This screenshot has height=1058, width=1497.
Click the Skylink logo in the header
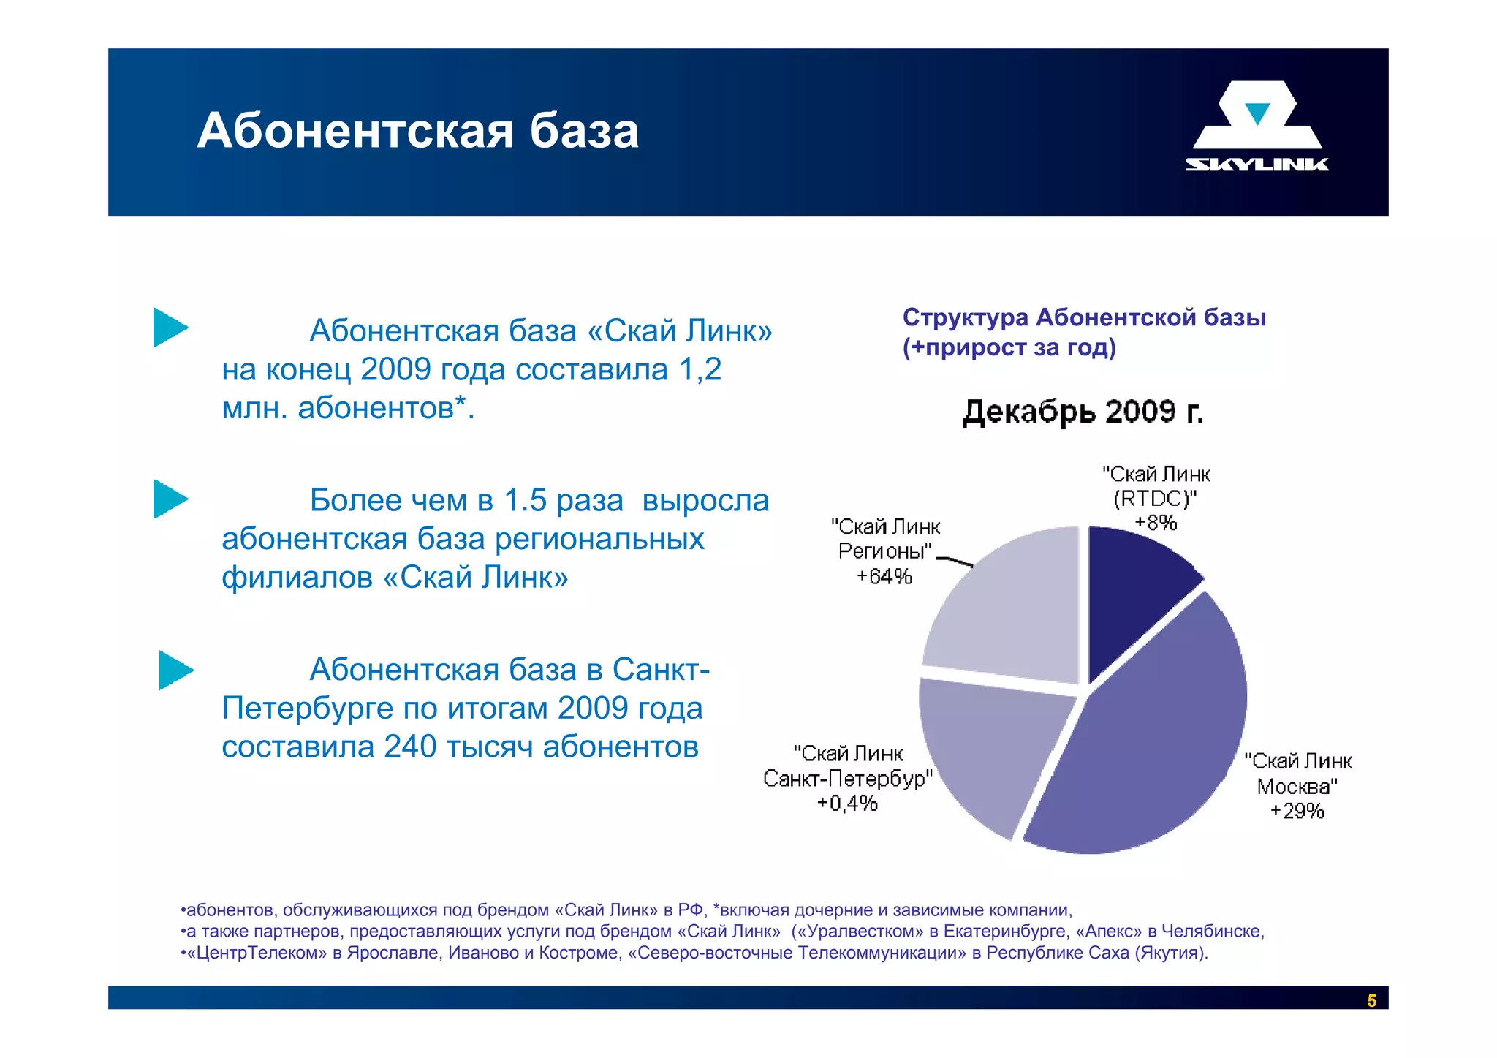pos(1257,126)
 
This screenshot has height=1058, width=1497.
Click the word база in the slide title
pos(584,132)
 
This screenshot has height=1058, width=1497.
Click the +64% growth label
pos(884,577)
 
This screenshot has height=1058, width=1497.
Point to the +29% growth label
pos(1297,811)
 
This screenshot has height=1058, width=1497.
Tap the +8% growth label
pos(1156,523)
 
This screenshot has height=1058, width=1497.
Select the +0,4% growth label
pos(847,804)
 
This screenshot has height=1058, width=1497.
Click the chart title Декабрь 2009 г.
pos(1083,412)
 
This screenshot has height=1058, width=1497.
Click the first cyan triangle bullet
pos(170,328)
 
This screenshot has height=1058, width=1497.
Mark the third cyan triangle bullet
pos(175,670)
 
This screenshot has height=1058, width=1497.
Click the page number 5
pos(1371,1000)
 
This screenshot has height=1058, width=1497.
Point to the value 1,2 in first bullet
pos(700,370)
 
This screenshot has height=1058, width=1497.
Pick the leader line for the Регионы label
pos(955,562)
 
